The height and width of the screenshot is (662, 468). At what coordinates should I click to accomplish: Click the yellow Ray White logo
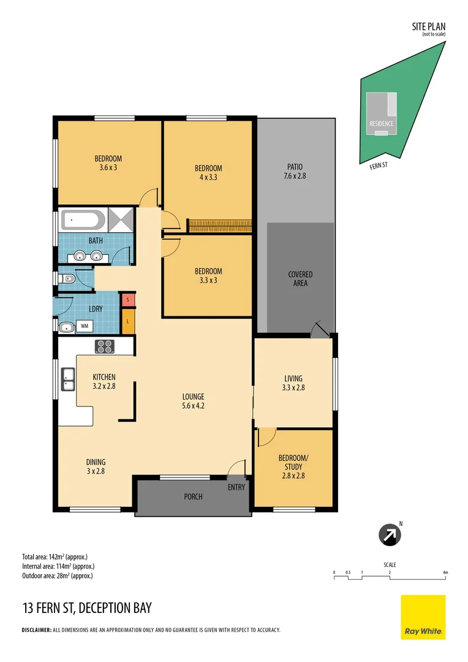[423, 617]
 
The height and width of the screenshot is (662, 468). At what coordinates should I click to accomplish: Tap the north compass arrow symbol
[390, 535]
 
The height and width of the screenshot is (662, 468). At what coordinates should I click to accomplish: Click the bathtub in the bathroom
[83, 218]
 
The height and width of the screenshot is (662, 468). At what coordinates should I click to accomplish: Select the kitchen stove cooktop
[104, 346]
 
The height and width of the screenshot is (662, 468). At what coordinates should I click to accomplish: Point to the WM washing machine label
[84, 326]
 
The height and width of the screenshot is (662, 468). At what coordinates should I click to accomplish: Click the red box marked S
[127, 300]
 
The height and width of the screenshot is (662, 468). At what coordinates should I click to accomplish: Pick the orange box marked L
[127, 322]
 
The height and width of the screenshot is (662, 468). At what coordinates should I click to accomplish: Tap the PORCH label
[193, 496]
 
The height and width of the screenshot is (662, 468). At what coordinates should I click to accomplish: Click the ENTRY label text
[236, 487]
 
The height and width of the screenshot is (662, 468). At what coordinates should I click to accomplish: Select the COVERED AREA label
[300, 279]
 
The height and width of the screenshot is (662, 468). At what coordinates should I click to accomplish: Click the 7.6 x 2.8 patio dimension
[295, 176]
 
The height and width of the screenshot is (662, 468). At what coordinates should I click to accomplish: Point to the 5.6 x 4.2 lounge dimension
[193, 406]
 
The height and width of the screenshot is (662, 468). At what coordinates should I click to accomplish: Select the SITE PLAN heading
[428, 26]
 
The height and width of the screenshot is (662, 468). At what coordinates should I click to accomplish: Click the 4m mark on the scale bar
[446, 573]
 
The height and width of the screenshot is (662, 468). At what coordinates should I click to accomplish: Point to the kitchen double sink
[67, 379]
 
